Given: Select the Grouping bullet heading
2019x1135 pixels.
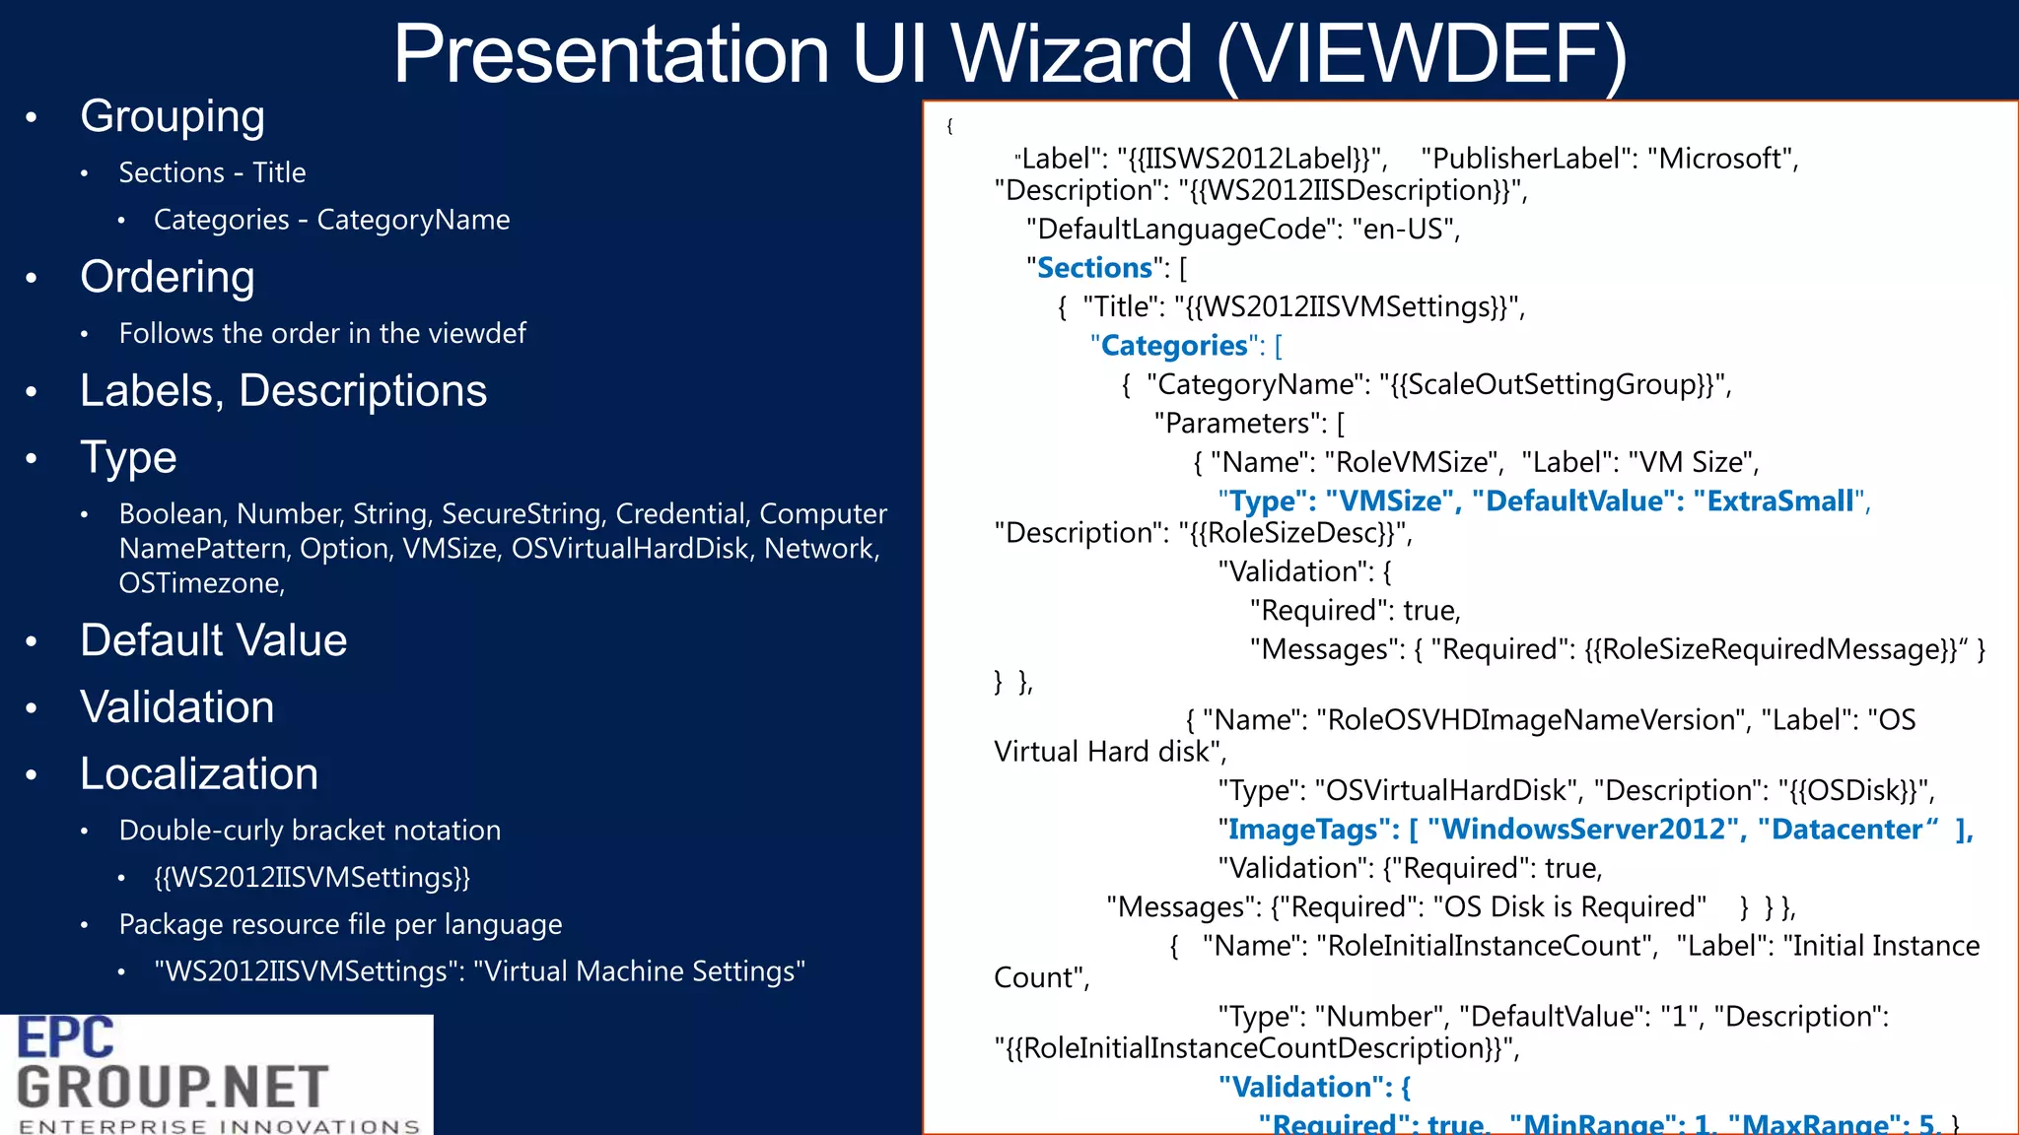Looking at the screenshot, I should [173, 117].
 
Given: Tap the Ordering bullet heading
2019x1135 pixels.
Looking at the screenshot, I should [168, 278].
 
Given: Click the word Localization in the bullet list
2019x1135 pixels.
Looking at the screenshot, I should [199, 774].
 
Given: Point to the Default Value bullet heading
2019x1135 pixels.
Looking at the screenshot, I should [214, 641].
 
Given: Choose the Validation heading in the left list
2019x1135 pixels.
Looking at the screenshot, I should [177, 707].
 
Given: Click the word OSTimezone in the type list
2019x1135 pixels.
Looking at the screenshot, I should [200, 583].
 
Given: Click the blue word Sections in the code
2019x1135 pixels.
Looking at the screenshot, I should [1094, 268].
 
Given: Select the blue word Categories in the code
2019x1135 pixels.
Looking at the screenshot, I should [1174, 346].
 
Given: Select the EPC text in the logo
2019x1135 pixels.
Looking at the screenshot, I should [66, 1038].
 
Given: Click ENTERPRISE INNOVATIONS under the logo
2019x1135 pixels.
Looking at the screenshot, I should [219, 1125].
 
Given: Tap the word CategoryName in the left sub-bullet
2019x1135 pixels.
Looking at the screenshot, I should [413, 220].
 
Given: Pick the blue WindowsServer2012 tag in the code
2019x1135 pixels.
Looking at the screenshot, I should [1583, 830].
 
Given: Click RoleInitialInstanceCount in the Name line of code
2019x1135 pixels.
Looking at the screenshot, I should [1488, 946].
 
